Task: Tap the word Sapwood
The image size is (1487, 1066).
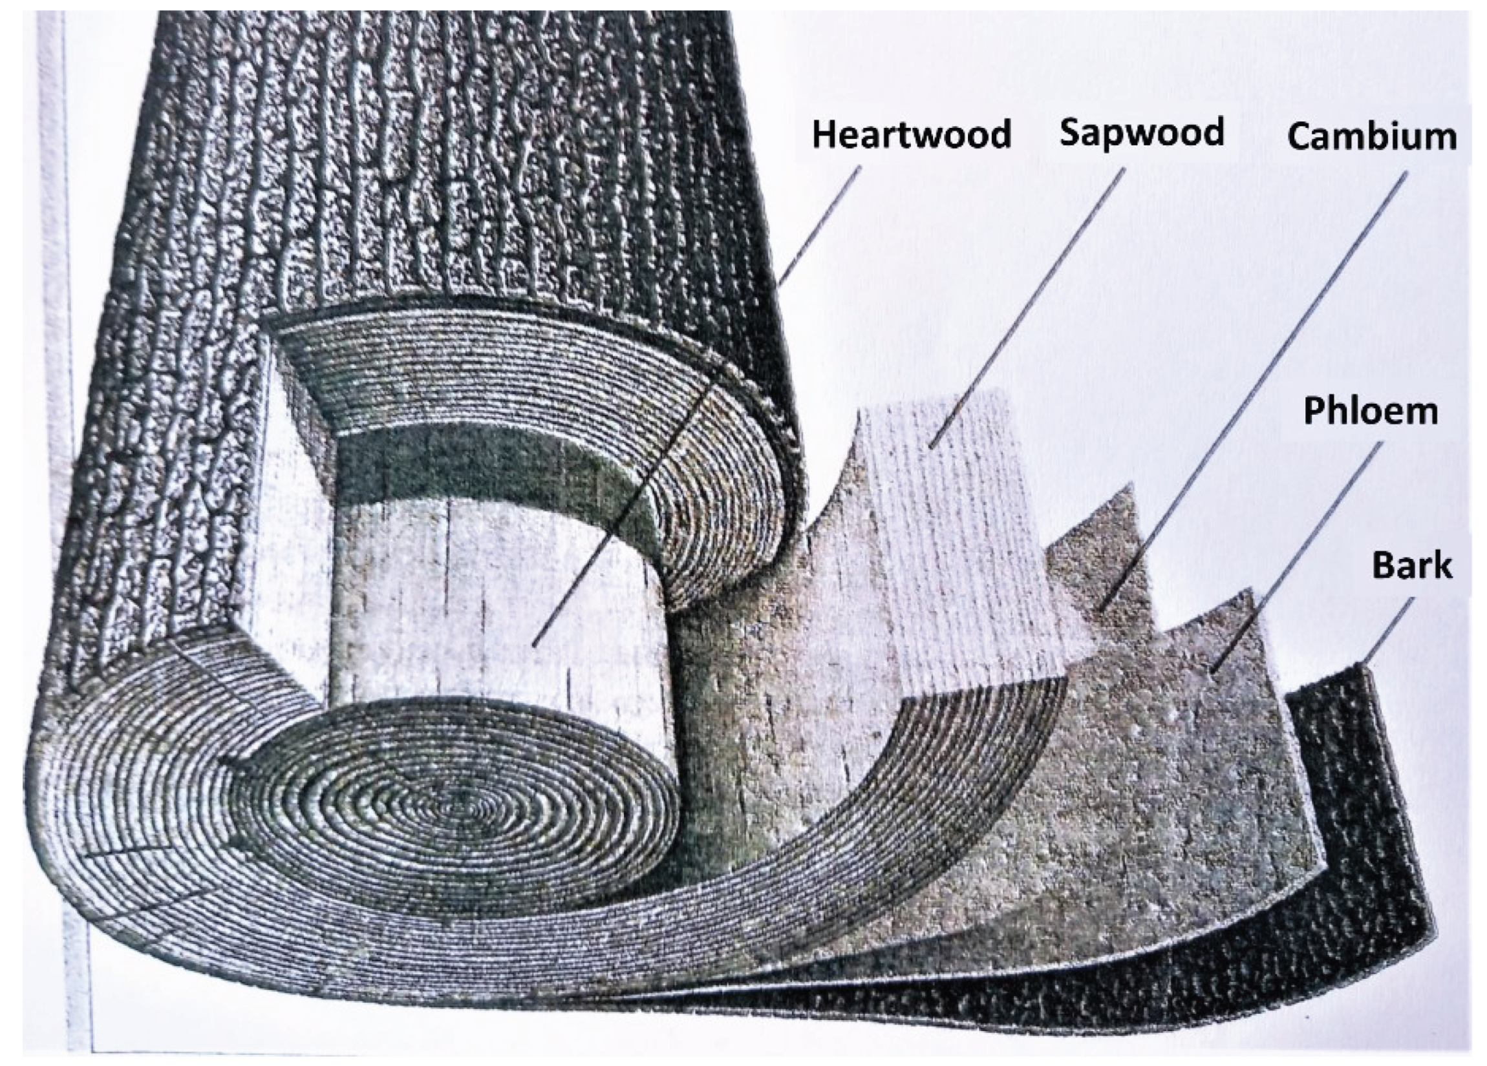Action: tap(1142, 133)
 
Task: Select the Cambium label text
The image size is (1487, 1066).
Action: tap(1371, 137)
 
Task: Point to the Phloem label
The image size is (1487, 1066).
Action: tap(1370, 412)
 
